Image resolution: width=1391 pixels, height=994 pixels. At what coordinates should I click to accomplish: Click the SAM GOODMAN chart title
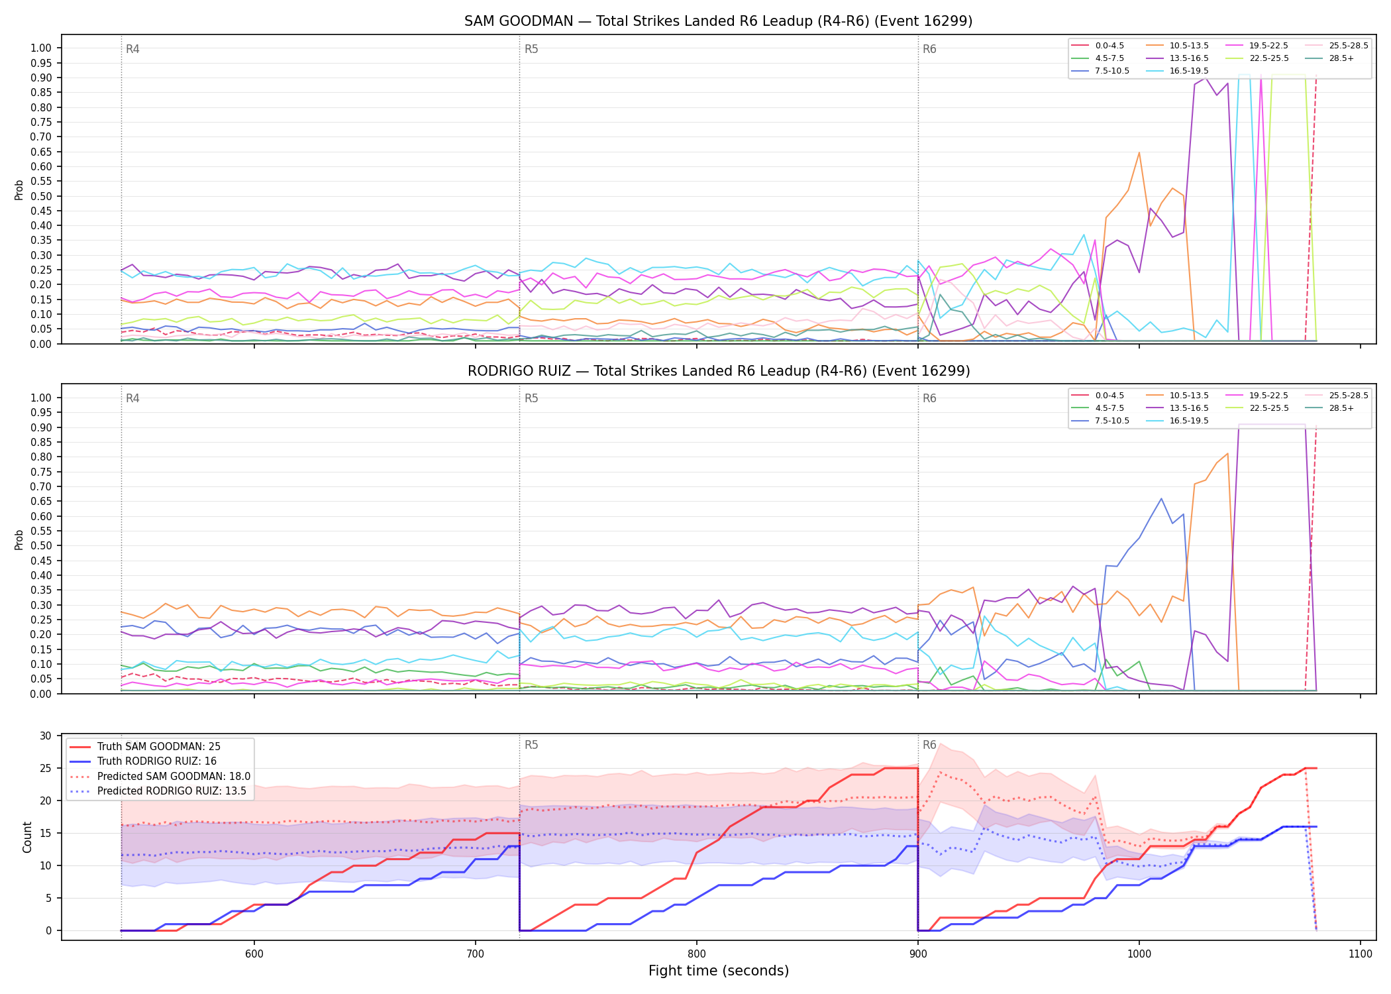click(x=718, y=21)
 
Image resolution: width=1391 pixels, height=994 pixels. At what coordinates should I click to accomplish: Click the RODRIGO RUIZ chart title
click(x=719, y=371)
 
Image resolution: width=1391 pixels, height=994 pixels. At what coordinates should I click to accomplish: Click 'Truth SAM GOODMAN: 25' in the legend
click(x=159, y=747)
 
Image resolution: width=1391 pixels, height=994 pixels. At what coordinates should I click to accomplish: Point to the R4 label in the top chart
click(x=132, y=49)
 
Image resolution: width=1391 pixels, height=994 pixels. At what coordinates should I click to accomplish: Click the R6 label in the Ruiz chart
click(x=929, y=398)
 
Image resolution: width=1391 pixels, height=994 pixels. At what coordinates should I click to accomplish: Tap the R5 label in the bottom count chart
click(x=531, y=745)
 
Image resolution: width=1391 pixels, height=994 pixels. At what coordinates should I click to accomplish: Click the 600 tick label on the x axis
click(x=254, y=954)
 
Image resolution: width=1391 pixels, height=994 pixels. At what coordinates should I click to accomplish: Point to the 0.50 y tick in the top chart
click(x=41, y=196)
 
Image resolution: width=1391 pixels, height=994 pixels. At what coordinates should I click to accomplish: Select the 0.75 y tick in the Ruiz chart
click(x=41, y=472)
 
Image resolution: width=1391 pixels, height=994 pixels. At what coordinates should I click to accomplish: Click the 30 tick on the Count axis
click(x=46, y=736)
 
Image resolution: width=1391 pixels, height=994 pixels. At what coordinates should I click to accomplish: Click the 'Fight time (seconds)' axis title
click(x=719, y=971)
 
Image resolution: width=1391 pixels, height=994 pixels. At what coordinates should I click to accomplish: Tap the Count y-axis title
click(x=28, y=837)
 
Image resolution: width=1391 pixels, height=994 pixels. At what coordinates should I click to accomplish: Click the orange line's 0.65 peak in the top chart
click(x=1139, y=153)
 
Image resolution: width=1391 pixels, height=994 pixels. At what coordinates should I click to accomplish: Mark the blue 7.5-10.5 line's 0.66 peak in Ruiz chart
click(x=1161, y=498)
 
